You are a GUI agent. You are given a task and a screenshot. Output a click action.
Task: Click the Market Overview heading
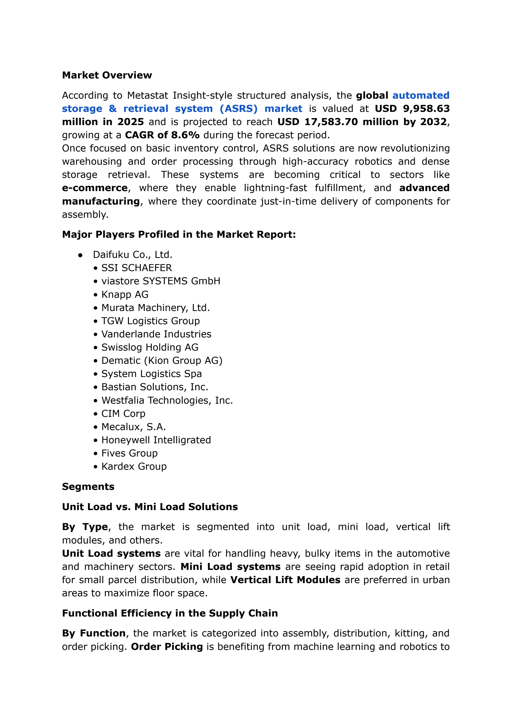(x=107, y=75)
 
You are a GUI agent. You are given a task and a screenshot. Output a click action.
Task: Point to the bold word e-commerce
(x=95, y=188)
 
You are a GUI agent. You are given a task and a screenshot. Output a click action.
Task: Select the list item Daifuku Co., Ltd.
(x=133, y=255)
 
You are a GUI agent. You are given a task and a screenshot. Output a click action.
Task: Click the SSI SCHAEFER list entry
(x=136, y=268)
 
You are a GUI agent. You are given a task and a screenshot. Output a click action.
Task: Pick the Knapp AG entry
(x=125, y=295)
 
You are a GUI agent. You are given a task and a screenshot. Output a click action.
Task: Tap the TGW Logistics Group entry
(x=150, y=321)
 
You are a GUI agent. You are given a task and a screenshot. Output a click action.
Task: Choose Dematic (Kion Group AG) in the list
(x=162, y=361)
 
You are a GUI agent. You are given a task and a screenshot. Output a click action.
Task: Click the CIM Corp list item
(x=123, y=414)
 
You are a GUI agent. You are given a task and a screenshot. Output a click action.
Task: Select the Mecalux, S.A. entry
(x=133, y=427)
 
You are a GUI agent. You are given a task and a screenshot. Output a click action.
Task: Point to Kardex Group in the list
(x=134, y=467)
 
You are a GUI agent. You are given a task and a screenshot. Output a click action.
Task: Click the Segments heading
(x=88, y=487)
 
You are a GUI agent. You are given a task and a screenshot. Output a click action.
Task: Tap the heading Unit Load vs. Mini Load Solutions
(x=150, y=507)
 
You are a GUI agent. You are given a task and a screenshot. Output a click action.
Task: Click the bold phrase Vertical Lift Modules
(x=285, y=580)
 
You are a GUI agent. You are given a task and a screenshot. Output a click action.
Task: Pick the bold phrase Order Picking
(x=167, y=647)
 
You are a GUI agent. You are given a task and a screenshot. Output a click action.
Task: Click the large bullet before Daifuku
(x=80, y=255)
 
